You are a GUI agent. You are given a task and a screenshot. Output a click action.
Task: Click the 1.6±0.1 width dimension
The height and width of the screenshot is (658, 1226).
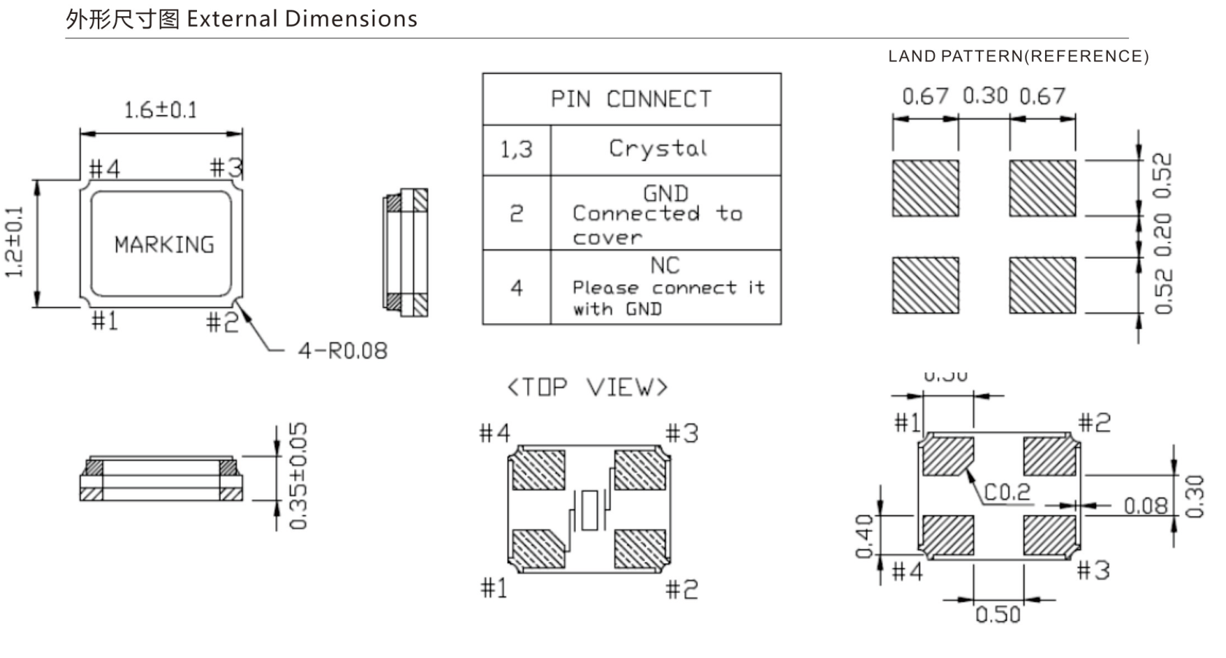point(161,110)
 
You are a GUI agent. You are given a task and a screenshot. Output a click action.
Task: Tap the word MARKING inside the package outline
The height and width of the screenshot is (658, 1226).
point(164,244)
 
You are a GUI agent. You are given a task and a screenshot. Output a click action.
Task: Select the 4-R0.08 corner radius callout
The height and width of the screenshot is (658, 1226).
point(342,351)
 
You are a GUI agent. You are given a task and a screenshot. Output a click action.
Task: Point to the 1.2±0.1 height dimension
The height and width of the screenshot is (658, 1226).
point(15,242)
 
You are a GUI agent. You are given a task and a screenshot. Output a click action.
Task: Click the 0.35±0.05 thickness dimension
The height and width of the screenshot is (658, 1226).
point(298,476)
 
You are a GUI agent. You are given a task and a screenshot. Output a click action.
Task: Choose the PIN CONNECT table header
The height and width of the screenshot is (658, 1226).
point(631,99)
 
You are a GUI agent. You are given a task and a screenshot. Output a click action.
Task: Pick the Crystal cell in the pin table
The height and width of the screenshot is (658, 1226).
point(658,149)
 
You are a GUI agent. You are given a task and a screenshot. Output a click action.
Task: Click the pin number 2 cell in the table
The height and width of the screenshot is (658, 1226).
point(516,214)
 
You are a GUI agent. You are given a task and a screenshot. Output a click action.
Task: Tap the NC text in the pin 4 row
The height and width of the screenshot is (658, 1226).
point(665,266)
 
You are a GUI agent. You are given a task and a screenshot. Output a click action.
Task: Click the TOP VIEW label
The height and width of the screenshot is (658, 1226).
point(587,387)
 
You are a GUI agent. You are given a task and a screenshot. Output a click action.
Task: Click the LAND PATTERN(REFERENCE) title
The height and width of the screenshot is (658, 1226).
point(1018,56)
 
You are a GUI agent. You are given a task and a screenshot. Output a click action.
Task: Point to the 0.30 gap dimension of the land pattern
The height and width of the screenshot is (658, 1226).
point(984,96)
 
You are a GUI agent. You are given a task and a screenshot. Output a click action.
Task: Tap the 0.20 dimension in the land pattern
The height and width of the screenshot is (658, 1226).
point(1163,234)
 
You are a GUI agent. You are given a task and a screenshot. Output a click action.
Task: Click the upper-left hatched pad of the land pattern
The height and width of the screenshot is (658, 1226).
point(925,188)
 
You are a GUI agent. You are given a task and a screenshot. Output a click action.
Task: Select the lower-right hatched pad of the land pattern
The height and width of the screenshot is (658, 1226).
point(1042,285)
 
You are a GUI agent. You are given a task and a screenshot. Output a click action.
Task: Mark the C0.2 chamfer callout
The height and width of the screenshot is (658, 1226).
point(1007,492)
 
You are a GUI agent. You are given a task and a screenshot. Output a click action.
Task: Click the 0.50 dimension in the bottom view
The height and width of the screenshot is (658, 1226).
point(998,615)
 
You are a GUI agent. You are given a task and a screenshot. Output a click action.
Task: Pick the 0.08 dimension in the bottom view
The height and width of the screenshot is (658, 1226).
point(1145,506)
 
